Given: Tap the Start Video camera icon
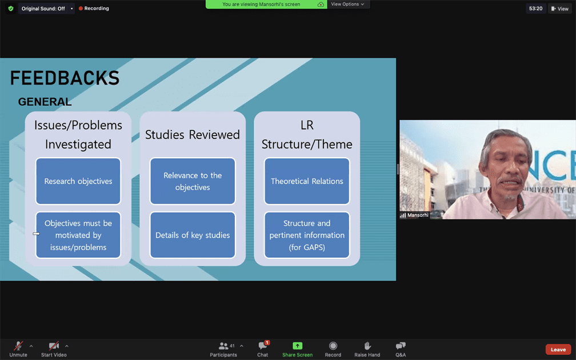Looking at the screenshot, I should click(54, 346).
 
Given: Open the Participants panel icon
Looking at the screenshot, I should click(223, 346).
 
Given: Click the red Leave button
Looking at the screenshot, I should click(558, 349).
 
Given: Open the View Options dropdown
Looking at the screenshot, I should click(348, 4).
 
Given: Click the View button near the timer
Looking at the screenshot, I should click(559, 9).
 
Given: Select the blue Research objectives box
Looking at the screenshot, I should click(78, 181).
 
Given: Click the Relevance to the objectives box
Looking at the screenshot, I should click(193, 181).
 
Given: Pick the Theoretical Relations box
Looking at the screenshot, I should click(307, 181).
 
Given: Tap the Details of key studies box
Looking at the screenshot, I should click(193, 235).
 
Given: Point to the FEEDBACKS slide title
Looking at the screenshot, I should click(65, 78).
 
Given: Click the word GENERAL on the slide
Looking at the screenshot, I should click(45, 102).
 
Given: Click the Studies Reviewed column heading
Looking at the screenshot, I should click(193, 135).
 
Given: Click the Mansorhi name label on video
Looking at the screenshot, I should click(418, 215).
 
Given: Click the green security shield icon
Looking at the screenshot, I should click(10, 9).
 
